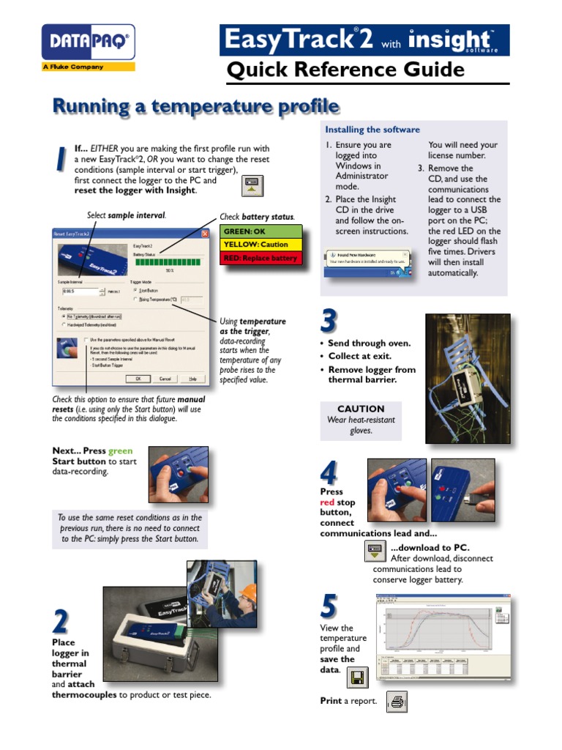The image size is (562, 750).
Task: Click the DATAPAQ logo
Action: (x=89, y=44)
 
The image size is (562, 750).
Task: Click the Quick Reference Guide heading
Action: (x=345, y=70)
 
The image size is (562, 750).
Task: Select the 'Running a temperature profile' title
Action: (x=195, y=107)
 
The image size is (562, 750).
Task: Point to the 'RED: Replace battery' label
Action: (x=261, y=258)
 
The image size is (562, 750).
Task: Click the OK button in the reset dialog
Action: (x=135, y=379)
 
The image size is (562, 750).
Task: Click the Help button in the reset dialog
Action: (x=192, y=379)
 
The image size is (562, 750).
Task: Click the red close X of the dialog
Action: (x=206, y=234)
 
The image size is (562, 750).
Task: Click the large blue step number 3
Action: (x=329, y=321)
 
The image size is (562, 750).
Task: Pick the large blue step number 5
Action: (x=330, y=606)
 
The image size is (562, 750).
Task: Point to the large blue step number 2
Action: (x=61, y=623)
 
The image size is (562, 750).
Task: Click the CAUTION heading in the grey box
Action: (x=361, y=409)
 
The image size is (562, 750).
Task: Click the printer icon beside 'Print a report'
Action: (x=397, y=702)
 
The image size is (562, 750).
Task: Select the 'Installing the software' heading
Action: (x=372, y=130)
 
